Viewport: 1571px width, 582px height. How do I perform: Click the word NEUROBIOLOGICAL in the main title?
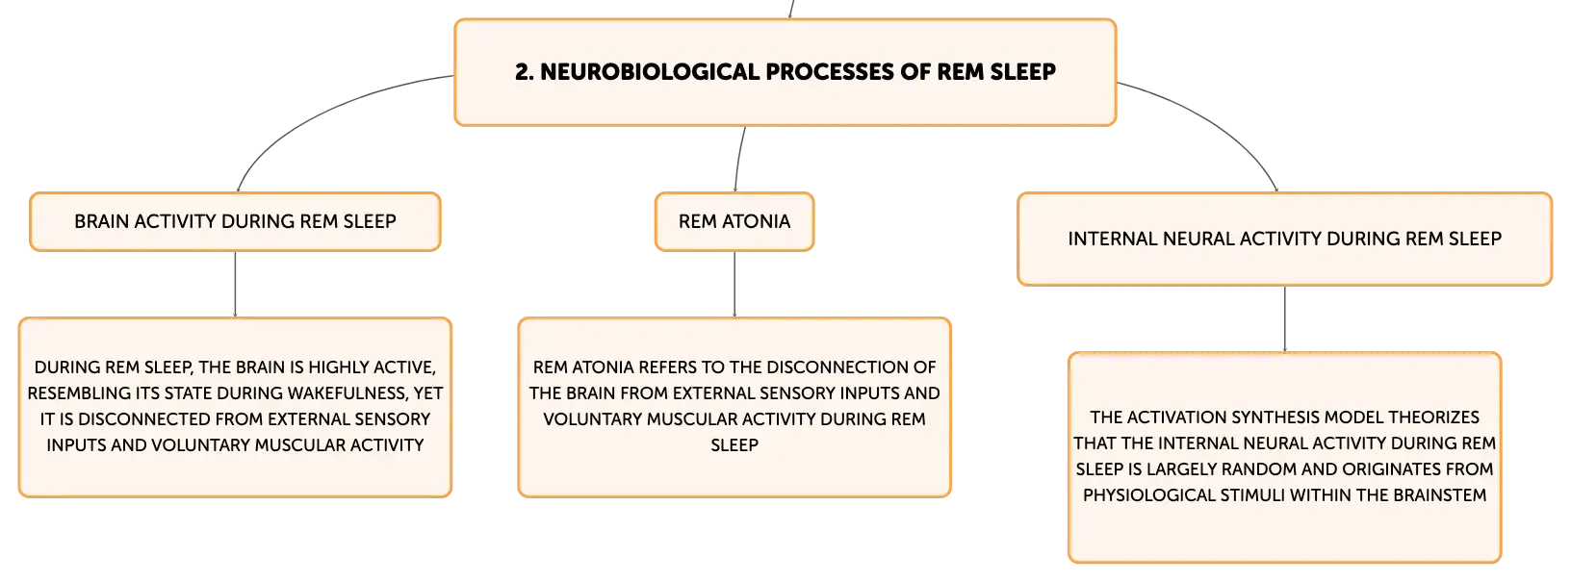point(650,71)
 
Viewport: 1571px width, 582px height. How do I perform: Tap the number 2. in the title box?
point(524,71)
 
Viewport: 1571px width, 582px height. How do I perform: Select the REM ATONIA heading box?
point(734,221)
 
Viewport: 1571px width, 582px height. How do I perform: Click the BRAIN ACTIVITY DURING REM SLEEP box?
point(235,221)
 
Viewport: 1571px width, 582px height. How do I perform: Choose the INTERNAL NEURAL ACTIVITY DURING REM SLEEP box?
point(1285,240)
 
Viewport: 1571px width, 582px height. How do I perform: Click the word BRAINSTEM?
point(1440,495)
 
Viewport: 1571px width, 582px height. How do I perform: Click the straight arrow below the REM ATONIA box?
point(734,284)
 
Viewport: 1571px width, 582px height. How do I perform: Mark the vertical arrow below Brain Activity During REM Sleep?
point(235,284)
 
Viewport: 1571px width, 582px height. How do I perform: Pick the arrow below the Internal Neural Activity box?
point(1285,319)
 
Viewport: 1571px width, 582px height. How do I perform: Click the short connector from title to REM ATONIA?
point(738,159)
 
